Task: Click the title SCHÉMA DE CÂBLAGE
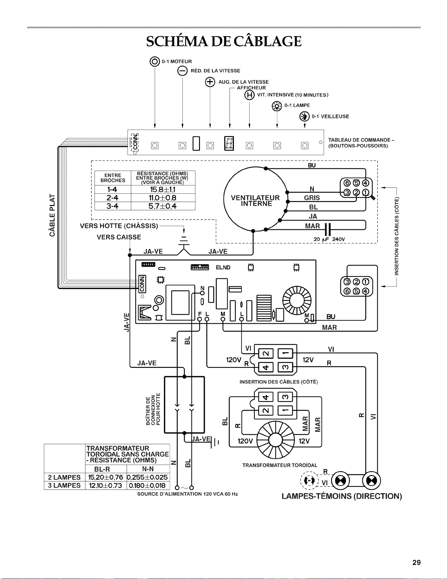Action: pyautogui.click(x=224, y=41)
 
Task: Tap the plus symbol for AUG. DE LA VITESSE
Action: pyautogui.click(x=210, y=82)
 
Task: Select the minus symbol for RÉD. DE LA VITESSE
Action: pyautogui.click(x=182, y=71)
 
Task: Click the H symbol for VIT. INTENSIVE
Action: pyautogui.click(x=249, y=95)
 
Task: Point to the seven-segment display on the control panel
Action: pyautogui.click(x=229, y=143)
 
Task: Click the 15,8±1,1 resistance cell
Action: pyautogui.click(x=163, y=190)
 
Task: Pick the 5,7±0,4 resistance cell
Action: pyautogui.click(x=163, y=206)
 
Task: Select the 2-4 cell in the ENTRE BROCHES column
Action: pyautogui.click(x=112, y=198)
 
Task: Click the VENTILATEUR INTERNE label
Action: pyautogui.click(x=255, y=201)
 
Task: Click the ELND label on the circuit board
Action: pyautogui.click(x=223, y=267)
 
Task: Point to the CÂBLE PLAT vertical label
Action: pyautogui.click(x=53, y=215)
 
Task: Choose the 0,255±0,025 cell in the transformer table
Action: pyautogui.click(x=148, y=477)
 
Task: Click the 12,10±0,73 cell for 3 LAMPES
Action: pyautogui.click(x=105, y=485)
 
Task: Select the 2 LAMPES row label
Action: pyautogui.click(x=64, y=477)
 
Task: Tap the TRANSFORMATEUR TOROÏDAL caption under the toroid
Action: pyautogui.click(x=280, y=465)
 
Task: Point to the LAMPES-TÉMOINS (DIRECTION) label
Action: pyautogui.click(x=342, y=496)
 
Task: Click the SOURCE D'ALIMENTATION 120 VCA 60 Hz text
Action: pyautogui.click(x=188, y=494)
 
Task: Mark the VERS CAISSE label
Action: pyautogui.click(x=119, y=237)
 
